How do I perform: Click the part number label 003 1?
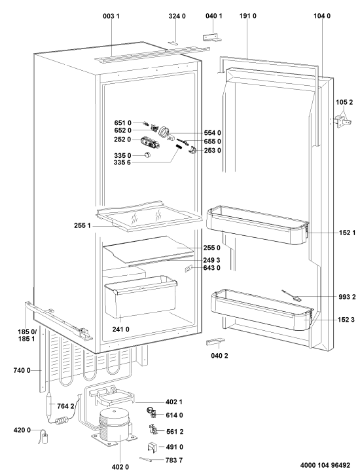[111, 16]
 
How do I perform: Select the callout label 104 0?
[321, 16]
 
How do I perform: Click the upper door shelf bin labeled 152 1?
[257, 225]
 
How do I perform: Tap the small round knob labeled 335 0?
[147, 155]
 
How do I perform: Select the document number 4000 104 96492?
[325, 465]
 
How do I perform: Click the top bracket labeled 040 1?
[212, 37]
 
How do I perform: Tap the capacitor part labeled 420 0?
[45, 437]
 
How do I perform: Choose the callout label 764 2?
[65, 406]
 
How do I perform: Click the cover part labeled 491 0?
[153, 447]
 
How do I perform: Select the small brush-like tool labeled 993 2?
[291, 296]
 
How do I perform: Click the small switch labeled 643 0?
[189, 269]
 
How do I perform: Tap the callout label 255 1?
[82, 225]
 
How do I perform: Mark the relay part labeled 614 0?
[151, 412]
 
